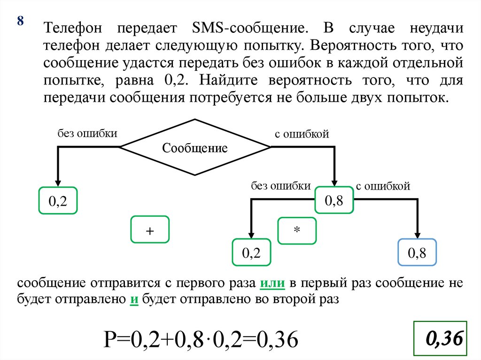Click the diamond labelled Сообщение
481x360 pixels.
click(x=195, y=148)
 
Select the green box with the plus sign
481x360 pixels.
click(x=150, y=230)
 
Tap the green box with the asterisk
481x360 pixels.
click(x=297, y=230)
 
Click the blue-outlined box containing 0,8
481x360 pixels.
click(x=417, y=253)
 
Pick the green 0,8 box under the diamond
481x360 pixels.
click(x=334, y=200)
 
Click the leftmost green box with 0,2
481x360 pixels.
click(x=58, y=201)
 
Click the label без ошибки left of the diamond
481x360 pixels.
click(x=87, y=133)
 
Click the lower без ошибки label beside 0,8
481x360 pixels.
click(x=280, y=186)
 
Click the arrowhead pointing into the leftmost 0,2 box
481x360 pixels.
click(x=58, y=183)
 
